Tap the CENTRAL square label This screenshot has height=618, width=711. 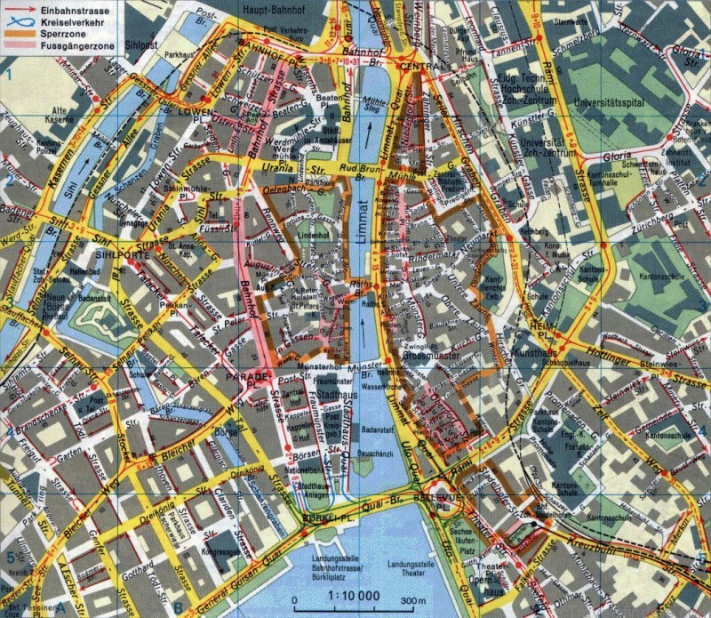coord(421,68)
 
